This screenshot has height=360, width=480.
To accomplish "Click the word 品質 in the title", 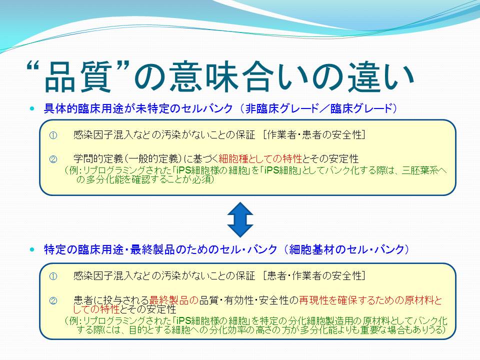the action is [78, 77].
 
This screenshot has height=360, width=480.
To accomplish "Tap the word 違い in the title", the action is [381, 77].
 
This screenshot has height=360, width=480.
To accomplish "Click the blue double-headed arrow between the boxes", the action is [240, 219].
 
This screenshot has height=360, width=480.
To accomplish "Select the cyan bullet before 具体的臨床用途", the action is [32, 108].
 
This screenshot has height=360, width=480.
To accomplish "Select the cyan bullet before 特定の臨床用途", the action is [32, 249].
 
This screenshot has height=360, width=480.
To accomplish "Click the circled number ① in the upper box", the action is [53, 135].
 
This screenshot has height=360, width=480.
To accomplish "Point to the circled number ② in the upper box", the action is [53, 159].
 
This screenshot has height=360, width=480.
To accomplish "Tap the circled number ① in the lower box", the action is [53, 276].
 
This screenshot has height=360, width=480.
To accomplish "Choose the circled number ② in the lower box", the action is [53, 301].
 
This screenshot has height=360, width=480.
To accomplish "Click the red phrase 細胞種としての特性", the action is [260, 159].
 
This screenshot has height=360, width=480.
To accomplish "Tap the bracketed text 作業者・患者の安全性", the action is [314, 134].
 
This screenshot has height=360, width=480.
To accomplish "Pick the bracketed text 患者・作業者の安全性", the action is [314, 276].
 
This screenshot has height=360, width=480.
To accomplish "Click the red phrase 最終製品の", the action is [174, 300].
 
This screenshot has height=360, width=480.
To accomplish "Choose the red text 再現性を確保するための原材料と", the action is [370, 300].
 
